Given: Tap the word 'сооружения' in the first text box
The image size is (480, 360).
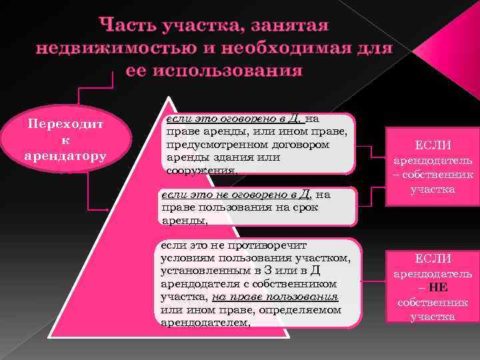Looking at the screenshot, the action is click(x=201, y=170).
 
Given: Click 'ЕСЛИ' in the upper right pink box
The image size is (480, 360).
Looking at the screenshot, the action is click(x=433, y=145).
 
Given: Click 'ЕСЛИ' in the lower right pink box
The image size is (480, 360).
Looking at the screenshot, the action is click(x=433, y=259).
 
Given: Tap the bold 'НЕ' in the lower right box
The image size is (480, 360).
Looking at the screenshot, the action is click(x=438, y=289).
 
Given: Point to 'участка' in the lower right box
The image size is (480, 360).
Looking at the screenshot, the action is click(x=433, y=317).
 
